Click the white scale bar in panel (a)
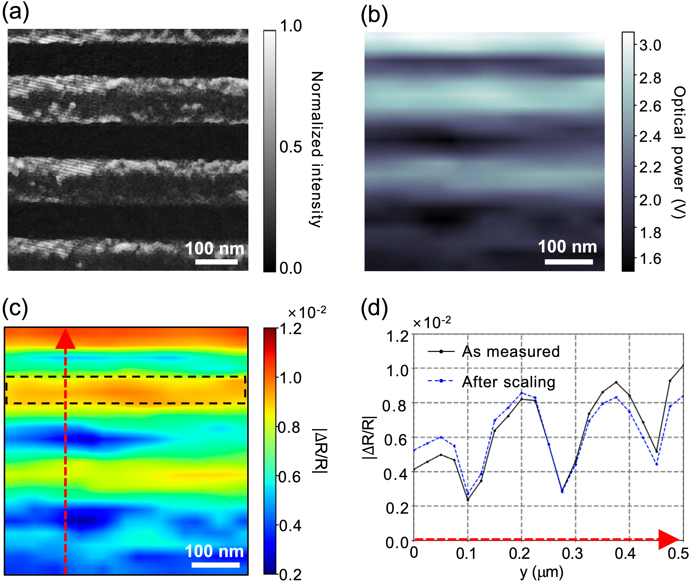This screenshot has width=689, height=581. (216, 262)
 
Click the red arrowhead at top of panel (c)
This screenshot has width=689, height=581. (66, 339)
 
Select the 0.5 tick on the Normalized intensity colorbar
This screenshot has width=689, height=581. (290, 147)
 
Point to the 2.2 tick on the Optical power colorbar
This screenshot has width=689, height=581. (650, 167)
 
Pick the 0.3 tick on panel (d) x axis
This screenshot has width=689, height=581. (572, 554)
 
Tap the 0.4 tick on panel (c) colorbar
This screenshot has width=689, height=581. (289, 526)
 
